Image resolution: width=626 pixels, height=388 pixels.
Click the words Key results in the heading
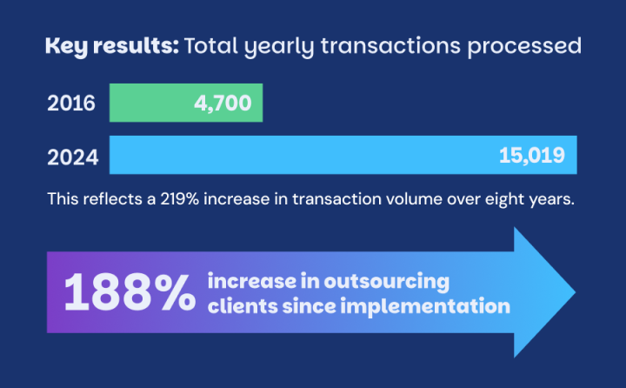click(x=110, y=46)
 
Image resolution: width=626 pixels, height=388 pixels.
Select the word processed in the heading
click(x=530, y=46)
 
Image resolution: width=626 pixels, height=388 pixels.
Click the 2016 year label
click(x=71, y=104)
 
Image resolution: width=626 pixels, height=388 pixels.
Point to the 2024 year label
click(x=71, y=157)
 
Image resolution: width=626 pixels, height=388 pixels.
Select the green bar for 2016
click(x=148, y=104)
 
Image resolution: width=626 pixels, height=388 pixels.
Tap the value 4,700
click(x=223, y=104)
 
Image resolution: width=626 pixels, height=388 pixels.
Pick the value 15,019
click(x=532, y=155)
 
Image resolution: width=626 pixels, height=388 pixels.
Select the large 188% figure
click(x=130, y=293)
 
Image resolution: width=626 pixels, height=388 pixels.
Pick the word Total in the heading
click(x=209, y=46)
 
